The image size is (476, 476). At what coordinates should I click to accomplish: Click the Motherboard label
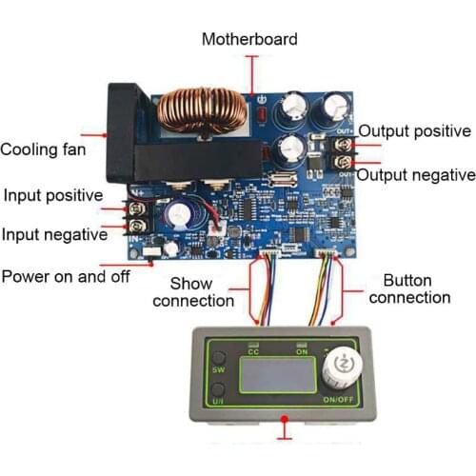249,39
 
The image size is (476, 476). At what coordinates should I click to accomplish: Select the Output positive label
413,131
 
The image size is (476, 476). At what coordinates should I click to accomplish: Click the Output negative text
417,174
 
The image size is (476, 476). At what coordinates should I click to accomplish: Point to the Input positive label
52,195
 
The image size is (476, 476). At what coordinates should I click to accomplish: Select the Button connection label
409,289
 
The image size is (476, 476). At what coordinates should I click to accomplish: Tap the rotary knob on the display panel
336,365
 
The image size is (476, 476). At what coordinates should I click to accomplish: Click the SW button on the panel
218,369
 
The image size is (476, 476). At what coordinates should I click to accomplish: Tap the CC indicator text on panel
253,352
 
